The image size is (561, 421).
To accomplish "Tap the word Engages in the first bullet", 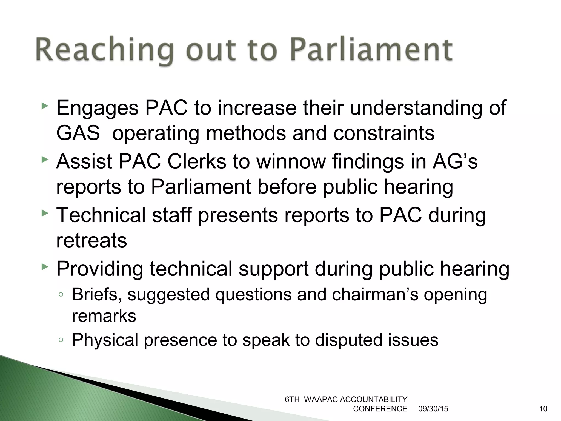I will tap(97, 108).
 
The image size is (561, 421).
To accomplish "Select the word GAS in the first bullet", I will tap(78, 133).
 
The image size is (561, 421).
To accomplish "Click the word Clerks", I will tap(197, 161).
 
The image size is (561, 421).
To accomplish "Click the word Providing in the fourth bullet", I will tap(100, 269).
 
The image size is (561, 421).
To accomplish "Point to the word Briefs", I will tap(97, 295).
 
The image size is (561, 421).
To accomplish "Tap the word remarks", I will tap(104, 316).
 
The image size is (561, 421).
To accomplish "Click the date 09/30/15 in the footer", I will tap(433, 409).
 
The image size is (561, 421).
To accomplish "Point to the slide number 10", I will tap(543, 409).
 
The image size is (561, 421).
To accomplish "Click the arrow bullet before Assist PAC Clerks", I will tap(45, 160).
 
